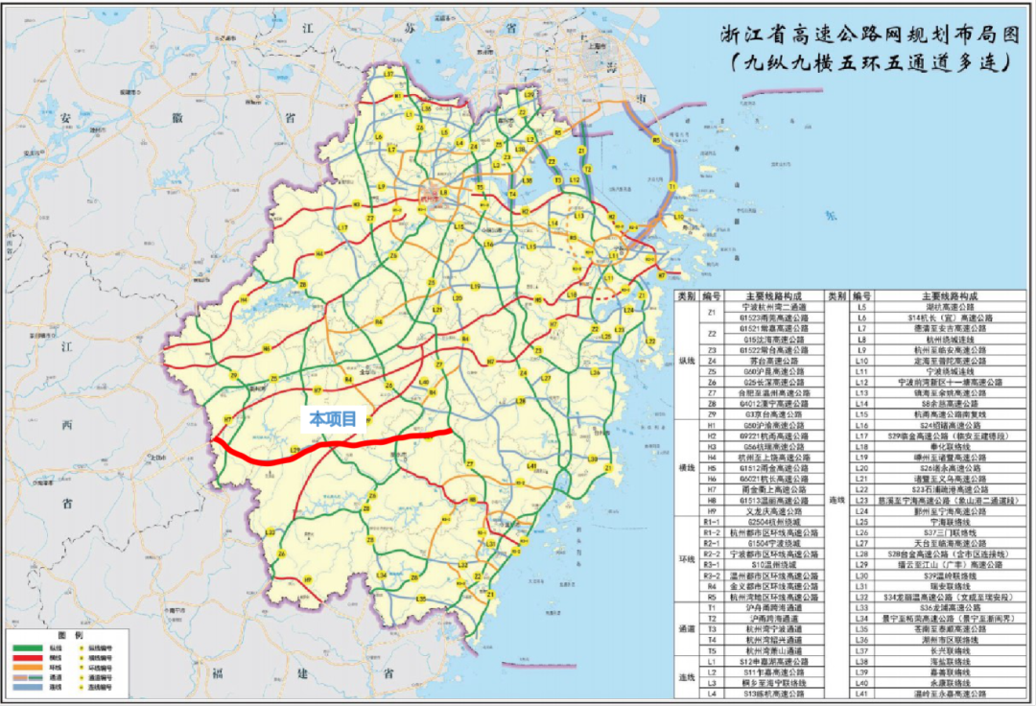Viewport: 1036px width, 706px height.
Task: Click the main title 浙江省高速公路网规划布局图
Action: click(x=872, y=35)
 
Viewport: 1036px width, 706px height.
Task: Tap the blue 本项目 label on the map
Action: click(x=332, y=418)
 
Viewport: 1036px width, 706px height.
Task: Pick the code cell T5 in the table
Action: click(x=711, y=650)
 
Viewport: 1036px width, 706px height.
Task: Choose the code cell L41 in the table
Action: click(x=862, y=693)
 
